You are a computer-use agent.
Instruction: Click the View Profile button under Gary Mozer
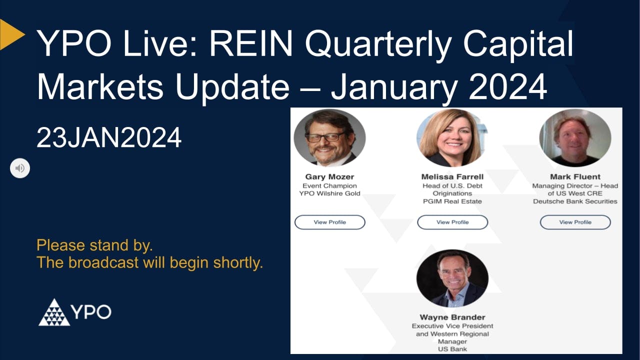[x=329, y=222]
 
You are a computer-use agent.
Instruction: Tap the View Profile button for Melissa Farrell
[x=452, y=222]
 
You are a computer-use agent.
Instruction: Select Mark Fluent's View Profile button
[x=575, y=222]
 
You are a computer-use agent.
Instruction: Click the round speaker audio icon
[x=20, y=168]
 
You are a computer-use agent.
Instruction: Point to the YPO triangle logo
[x=54, y=312]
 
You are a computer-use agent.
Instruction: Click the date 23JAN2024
[x=109, y=137]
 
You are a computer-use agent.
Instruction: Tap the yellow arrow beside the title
[x=11, y=34]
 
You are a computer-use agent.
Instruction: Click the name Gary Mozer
[x=329, y=176]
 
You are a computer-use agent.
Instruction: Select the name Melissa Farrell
[x=452, y=176]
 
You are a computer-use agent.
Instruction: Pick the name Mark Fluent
[x=575, y=176]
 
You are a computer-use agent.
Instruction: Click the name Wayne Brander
[x=452, y=317]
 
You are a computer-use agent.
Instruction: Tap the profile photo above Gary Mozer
[x=329, y=137]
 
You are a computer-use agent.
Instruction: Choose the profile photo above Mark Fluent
[x=575, y=137]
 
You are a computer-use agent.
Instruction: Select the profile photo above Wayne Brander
[x=452, y=278]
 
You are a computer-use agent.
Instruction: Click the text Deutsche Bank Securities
[x=575, y=201]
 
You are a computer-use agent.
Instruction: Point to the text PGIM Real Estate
[x=452, y=201]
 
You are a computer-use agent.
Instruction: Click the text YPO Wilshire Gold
[x=329, y=193]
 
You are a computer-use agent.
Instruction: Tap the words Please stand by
[x=94, y=245]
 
